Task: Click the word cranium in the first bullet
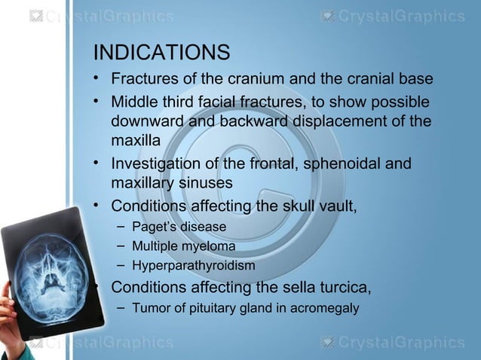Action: click(x=249, y=80)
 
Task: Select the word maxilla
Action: click(x=136, y=141)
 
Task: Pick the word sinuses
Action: click(x=204, y=183)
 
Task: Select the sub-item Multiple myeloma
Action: click(x=183, y=246)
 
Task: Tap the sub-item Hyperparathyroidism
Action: click(x=193, y=266)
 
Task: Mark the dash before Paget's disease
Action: click(x=121, y=225)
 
